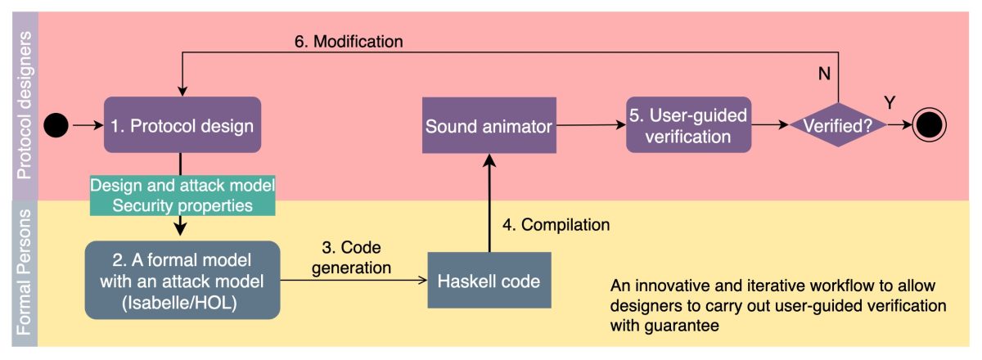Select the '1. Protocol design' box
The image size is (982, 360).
pyautogui.click(x=182, y=125)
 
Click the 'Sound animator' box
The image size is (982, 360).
pyautogui.click(x=489, y=125)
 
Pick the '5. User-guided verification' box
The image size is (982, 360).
pyautogui.click(x=688, y=125)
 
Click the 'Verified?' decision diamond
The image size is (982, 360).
pyautogui.click(x=837, y=125)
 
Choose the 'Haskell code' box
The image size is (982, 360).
pyautogui.click(x=489, y=281)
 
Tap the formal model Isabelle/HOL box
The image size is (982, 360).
pyautogui.click(x=182, y=281)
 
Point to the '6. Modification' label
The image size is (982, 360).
pyautogui.click(x=349, y=39)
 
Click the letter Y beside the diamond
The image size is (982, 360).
pyautogui.click(x=889, y=102)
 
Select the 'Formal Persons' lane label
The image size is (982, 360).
pyautogui.click(x=25, y=274)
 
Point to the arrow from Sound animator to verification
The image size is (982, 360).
pyautogui.click(x=590, y=125)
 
